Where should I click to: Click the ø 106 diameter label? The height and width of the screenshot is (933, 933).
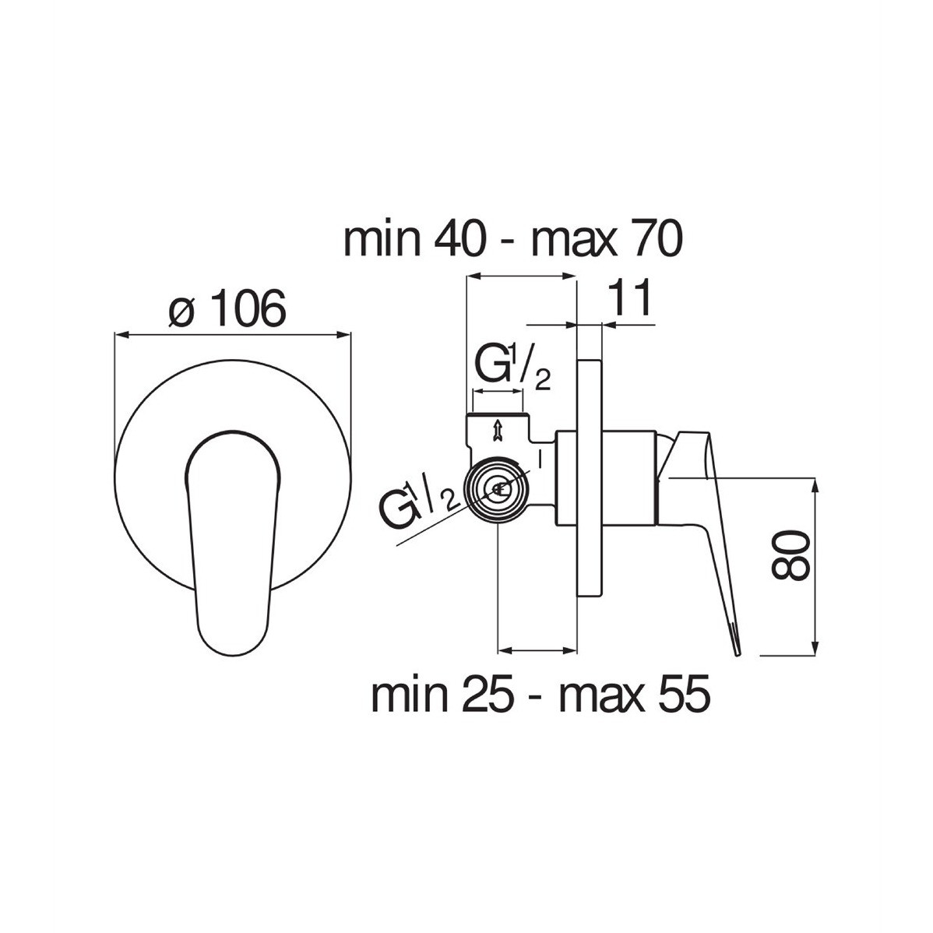pyautogui.click(x=226, y=308)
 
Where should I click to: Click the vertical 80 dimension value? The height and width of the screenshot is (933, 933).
pyautogui.click(x=790, y=555)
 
